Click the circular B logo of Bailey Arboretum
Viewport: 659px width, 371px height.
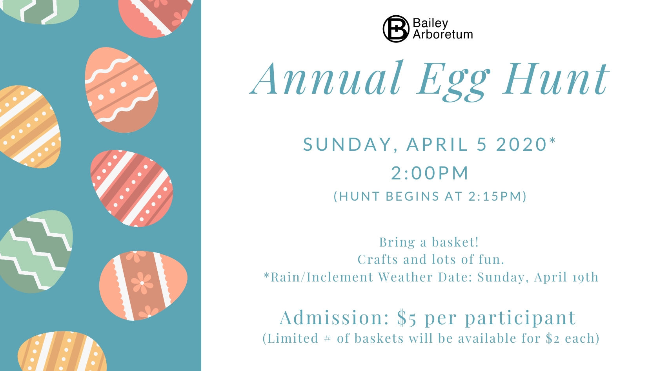tap(396, 29)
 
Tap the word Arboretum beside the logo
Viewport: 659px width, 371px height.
tap(443, 35)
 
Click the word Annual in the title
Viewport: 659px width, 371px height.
tap(326, 79)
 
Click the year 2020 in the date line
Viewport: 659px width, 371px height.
tap(522, 144)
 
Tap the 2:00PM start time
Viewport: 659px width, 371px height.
tap(430, 173)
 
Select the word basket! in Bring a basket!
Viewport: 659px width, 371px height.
tap(455, 242)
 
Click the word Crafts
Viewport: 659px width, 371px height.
tap(378, 260)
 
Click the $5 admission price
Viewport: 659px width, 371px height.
tap(406, 318)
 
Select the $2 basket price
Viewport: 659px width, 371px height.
tap(552, 338)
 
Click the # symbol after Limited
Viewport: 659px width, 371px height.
tap(327, 338)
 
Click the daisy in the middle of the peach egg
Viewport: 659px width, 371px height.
tap(142, 283)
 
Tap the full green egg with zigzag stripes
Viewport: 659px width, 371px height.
tap(36, 251)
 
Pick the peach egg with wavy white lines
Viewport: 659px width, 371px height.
tap(121, 90)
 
